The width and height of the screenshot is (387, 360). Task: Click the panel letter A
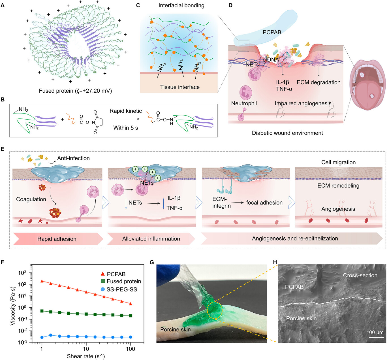click(x=3, y=5)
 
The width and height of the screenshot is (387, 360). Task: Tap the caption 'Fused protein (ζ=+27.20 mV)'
click(x=75, y=91)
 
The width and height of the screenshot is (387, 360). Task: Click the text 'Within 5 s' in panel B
click(x=125, y=128)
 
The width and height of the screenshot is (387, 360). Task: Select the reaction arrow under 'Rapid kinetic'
click(x=125, y=119)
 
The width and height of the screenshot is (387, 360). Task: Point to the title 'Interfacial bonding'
click(x=181, y=5)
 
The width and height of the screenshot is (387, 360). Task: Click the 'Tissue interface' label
click(x=180, y=87)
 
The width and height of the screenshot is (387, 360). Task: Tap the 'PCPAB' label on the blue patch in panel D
click(x=272, y=32)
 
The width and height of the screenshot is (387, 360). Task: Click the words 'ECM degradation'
click(x=318, y=82)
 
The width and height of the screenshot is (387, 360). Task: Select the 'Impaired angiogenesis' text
click(x=303, y=103)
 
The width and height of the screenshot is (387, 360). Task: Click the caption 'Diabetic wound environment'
click(x=287, y=133)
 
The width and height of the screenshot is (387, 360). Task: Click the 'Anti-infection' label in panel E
click(x=73, y=158)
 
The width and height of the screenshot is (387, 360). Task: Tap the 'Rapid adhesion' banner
click(x=57, y=239)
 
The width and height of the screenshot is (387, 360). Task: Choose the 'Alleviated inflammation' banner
click(x=151, y=239)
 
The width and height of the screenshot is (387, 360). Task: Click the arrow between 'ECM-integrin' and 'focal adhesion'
click(x=238, y=203)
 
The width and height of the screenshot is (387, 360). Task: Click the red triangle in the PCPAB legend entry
click(x=102, y=274)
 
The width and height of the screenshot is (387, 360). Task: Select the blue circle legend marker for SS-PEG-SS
click(x=102, y=289)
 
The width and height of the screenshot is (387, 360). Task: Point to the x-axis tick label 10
click(x=86, y=349)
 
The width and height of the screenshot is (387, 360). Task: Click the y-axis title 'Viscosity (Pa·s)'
click(x=12, y=306)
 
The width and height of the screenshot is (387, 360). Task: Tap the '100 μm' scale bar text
click(x=375, y=332)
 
